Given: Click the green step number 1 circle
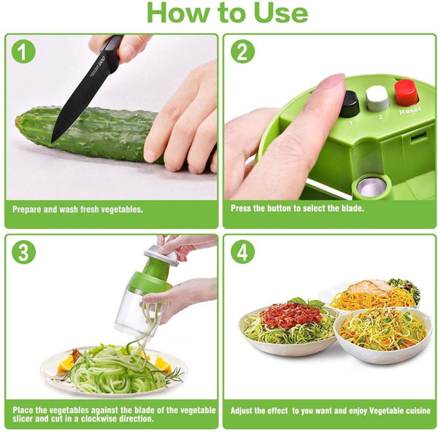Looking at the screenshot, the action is point(23,51).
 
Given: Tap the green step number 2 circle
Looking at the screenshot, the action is point(242,51).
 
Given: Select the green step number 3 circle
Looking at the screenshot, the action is point(24,252).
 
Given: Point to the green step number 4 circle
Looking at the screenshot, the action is point(242,252).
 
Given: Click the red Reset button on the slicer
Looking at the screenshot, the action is point(406,93).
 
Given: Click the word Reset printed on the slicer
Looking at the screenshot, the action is point(410,111).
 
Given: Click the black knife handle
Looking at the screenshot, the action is point(112,52).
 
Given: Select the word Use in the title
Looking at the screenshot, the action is point(281,13).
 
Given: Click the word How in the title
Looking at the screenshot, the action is point(179,13).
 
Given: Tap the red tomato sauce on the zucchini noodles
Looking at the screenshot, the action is point(291,315).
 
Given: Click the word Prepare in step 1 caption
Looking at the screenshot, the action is point(27,209).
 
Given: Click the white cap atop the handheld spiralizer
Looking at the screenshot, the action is point(161,255).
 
